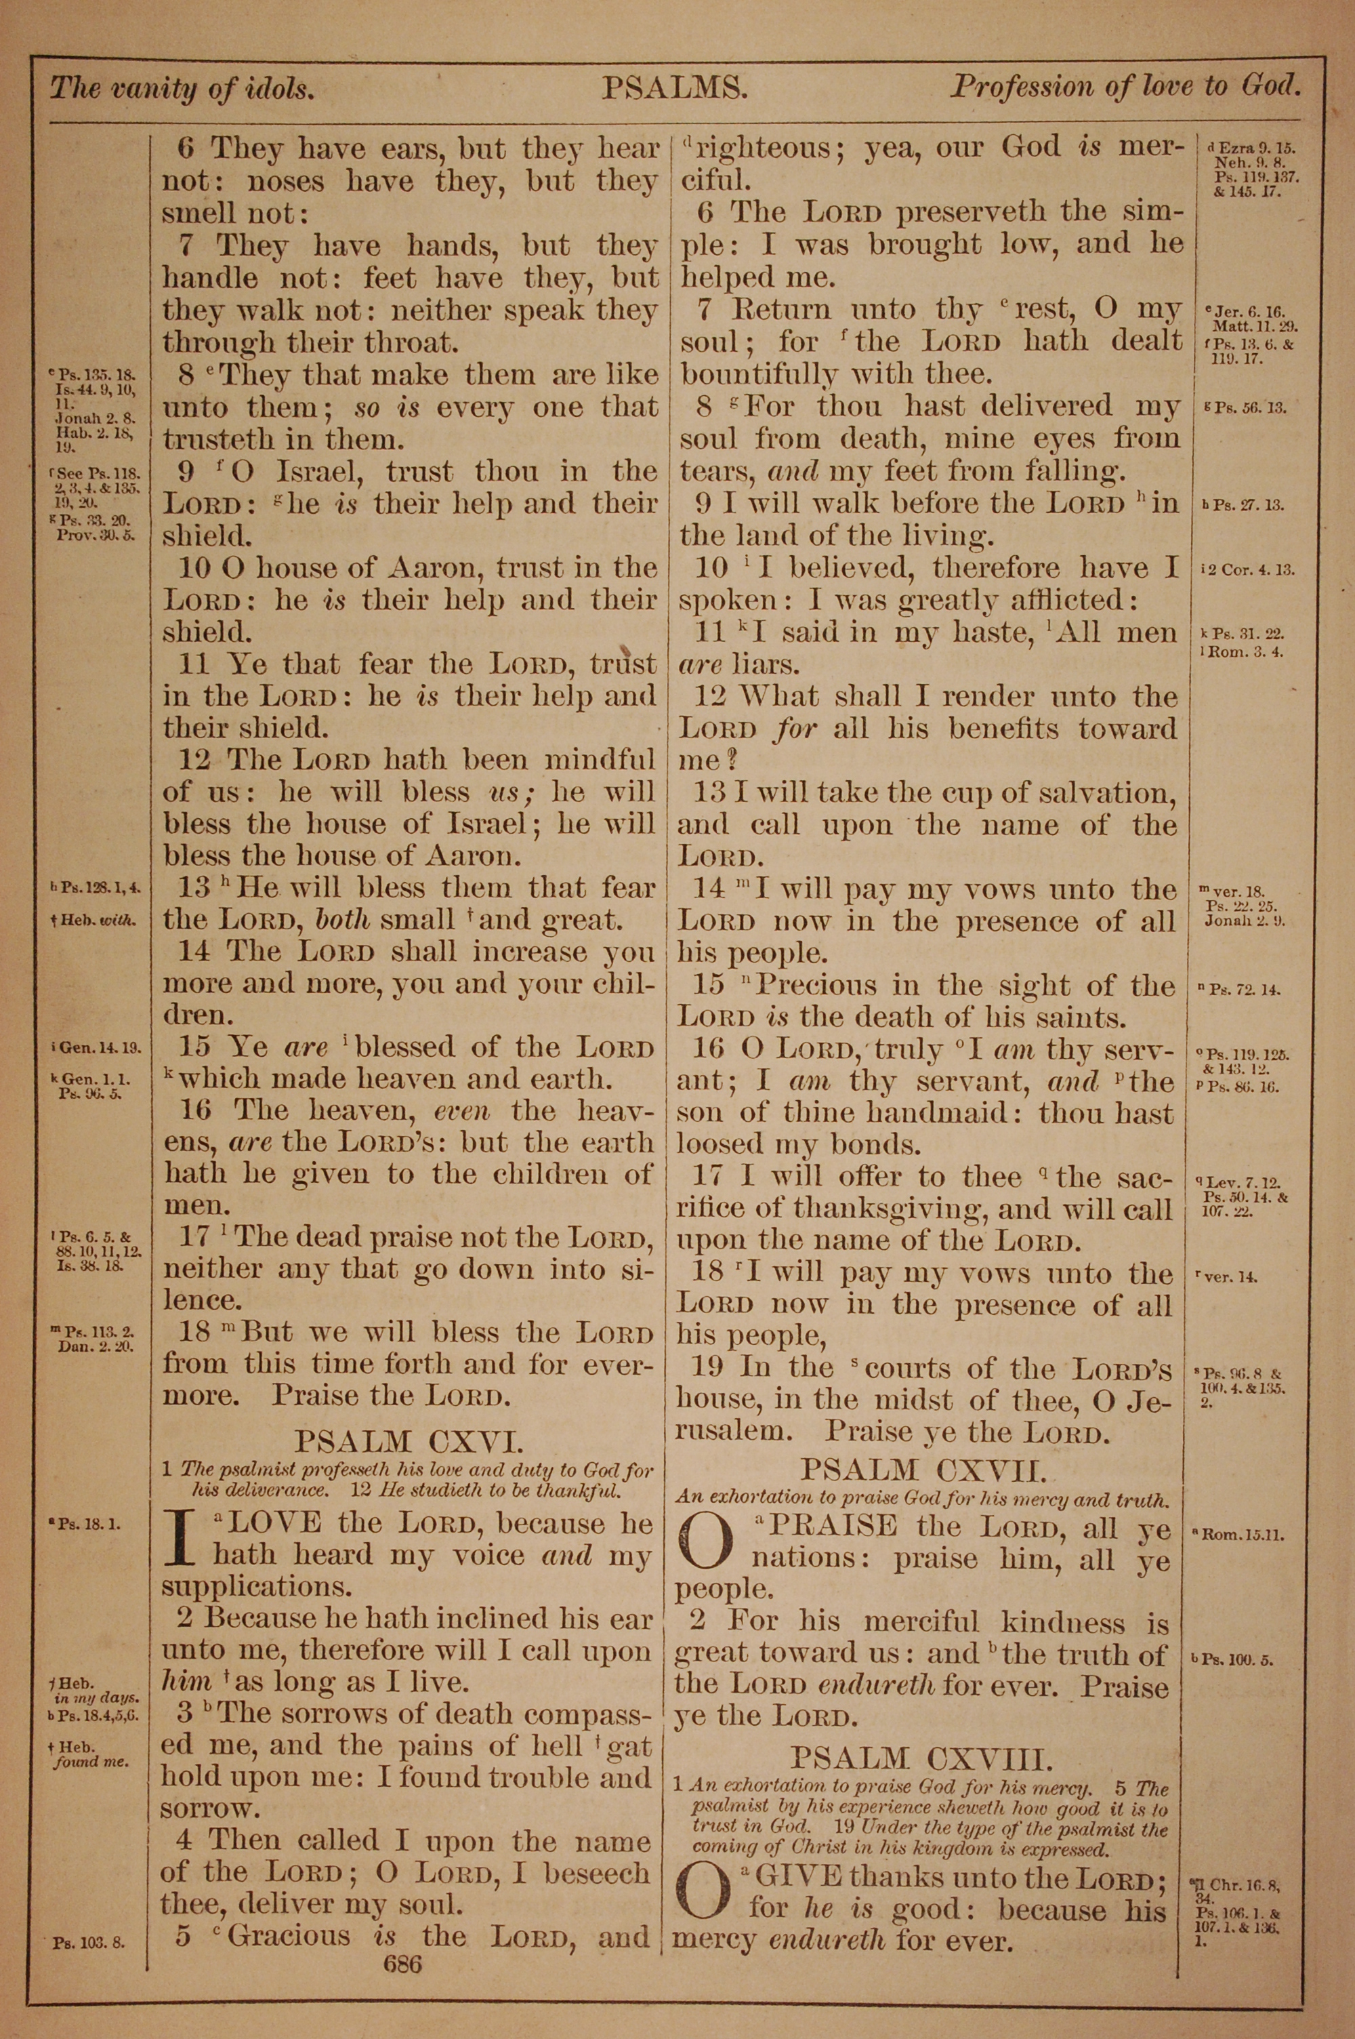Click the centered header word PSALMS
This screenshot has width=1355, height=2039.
(x=675, y=87)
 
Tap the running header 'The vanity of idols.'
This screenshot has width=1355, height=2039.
(x=182, y=88)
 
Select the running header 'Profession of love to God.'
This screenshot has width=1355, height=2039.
(x=1126, y=87)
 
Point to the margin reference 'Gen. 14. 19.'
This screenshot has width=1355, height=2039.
(x=98, y=1049)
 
